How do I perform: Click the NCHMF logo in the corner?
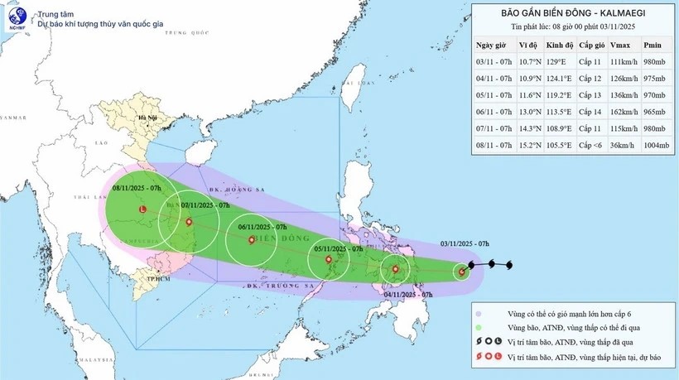17,18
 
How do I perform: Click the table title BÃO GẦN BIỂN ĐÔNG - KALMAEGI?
572,12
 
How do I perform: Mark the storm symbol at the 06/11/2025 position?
252,240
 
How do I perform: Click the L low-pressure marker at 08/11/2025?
142,210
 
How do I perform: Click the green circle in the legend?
479,328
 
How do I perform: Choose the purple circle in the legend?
479,313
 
